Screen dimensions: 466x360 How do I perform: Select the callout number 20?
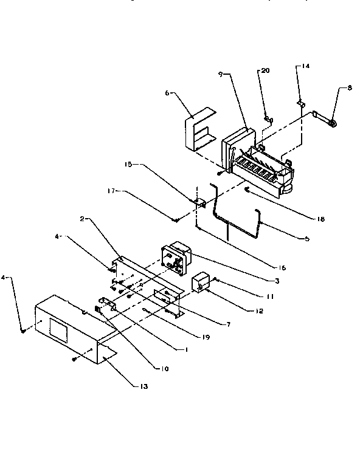(x=265, y=71)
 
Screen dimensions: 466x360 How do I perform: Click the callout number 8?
(x=349, y=88)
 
